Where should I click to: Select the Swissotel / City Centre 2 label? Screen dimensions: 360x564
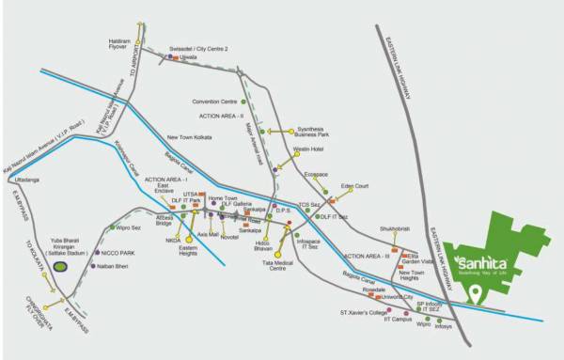click(199, 48)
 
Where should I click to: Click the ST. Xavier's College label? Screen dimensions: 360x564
click(363, 311)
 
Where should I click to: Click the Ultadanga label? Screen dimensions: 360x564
click(27, 179)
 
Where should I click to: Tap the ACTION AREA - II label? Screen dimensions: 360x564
click(221, 115)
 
